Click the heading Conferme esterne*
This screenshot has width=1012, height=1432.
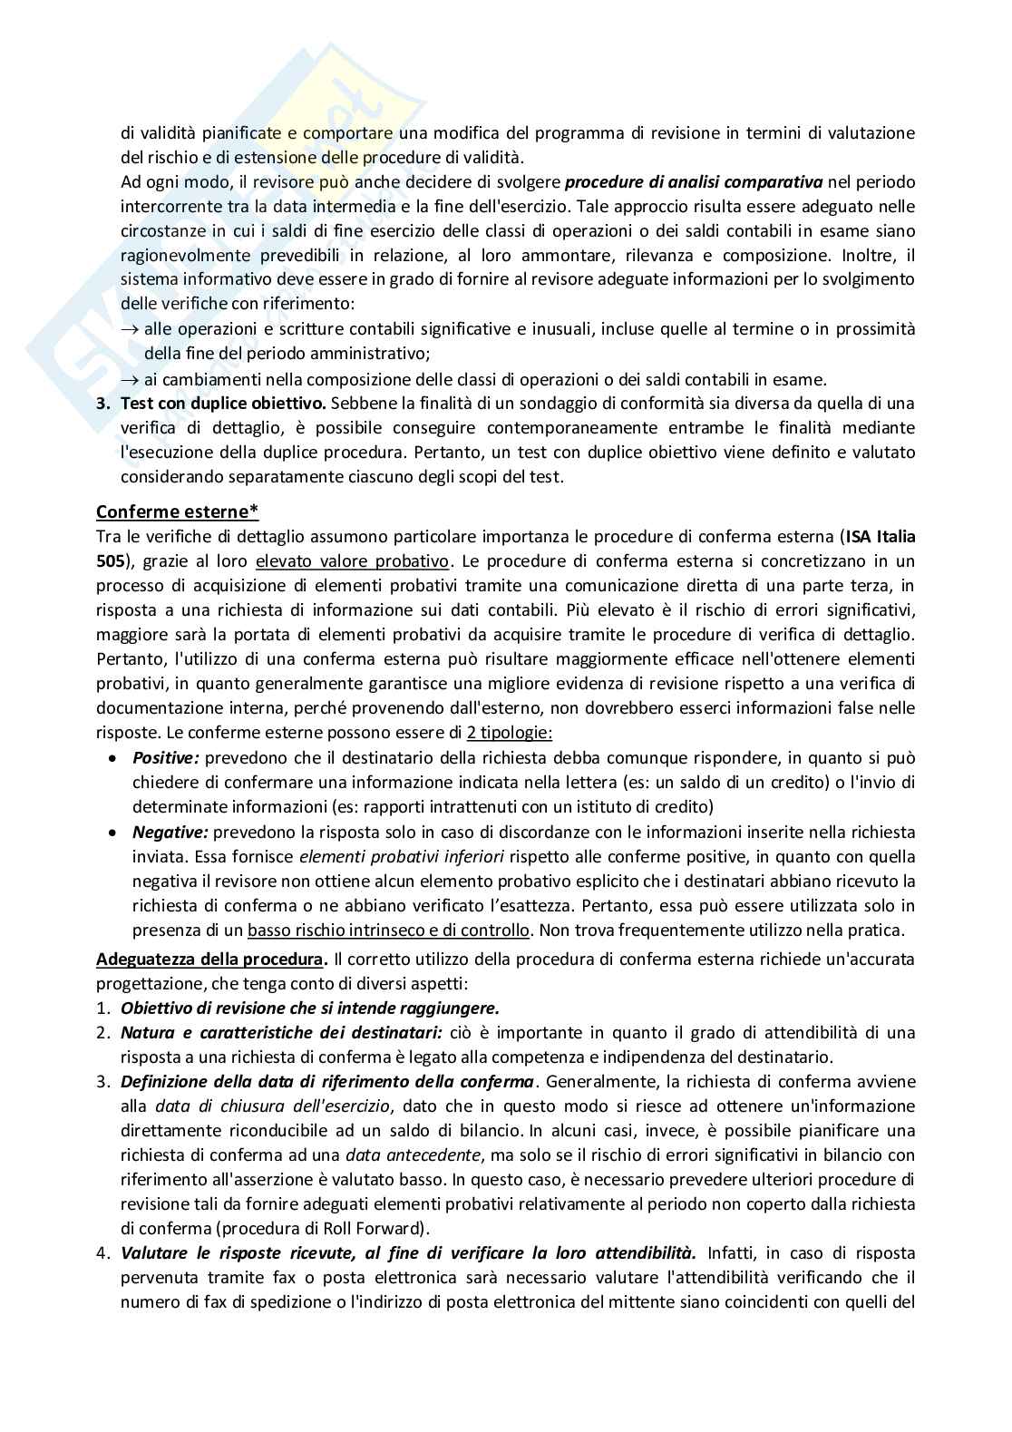coord(178,511)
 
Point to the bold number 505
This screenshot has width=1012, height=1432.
coord(108,560)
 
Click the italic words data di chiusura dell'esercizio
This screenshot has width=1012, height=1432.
coord(272,1106)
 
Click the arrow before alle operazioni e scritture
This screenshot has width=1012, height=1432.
coord(131,329)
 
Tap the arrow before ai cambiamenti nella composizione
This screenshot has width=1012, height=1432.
coord(131,379)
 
